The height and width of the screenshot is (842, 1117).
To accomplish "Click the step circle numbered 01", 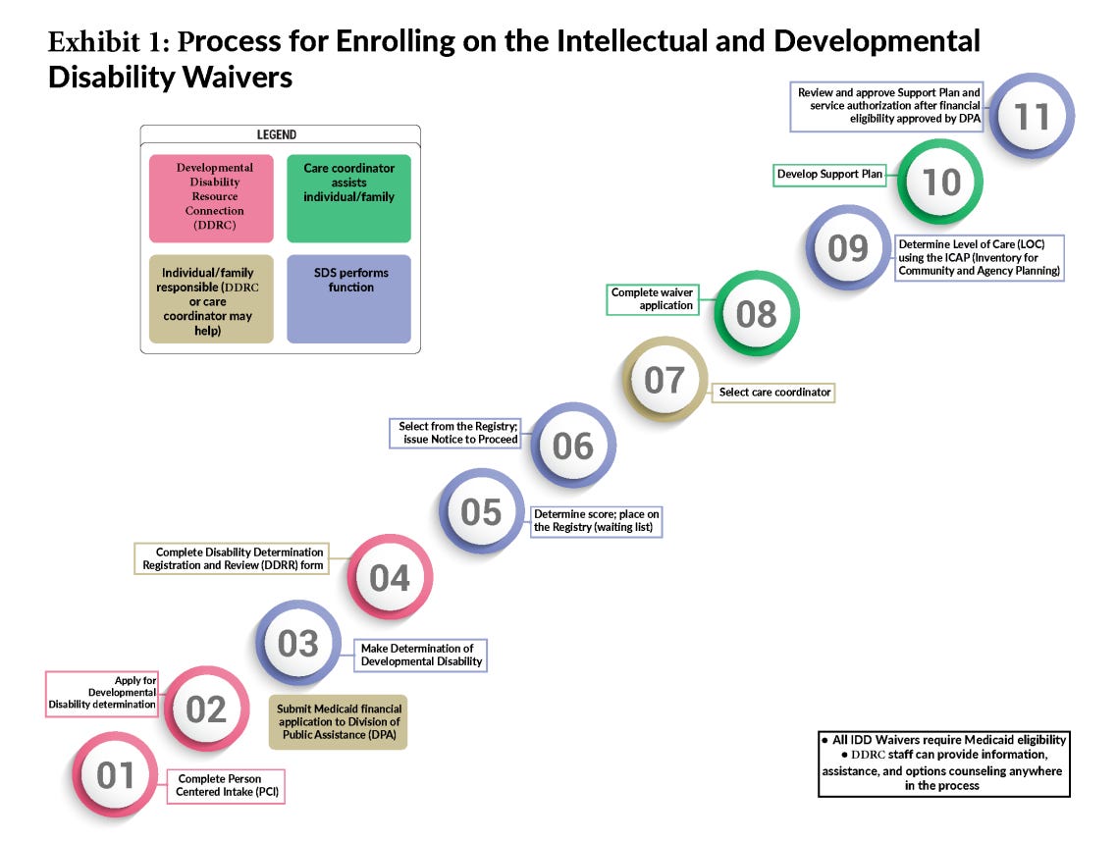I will (x=115, y=775).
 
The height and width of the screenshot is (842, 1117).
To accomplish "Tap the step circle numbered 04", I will (x=389, y=578).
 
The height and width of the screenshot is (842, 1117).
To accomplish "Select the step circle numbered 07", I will (x=664, y=379).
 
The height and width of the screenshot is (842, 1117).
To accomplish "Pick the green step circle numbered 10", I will (x=940, y=182).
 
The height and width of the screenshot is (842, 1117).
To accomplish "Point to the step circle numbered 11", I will (x=1032, y=116).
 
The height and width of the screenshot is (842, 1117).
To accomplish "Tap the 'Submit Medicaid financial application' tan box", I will (x=339, y=724).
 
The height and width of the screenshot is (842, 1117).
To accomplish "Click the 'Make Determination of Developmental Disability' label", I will (x=421, y=655).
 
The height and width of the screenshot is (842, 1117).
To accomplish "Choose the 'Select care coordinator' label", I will (x=774, y=392).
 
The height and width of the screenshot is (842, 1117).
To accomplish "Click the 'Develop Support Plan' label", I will (x=829, y=175).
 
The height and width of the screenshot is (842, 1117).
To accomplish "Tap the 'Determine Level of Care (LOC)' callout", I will (x=979, y=257).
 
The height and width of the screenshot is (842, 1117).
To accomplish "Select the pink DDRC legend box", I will (x=211, y=198).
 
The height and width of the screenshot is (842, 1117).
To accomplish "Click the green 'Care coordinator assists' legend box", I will (x=348, y=198).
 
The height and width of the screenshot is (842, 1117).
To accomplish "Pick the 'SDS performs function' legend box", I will (x=348, y=298).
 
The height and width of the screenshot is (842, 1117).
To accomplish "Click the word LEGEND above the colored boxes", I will (x=276, y=134).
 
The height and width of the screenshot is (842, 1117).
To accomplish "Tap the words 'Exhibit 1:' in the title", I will (x=110, y=43).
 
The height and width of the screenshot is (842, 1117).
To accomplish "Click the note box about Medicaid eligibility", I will (x=942, y=763).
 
